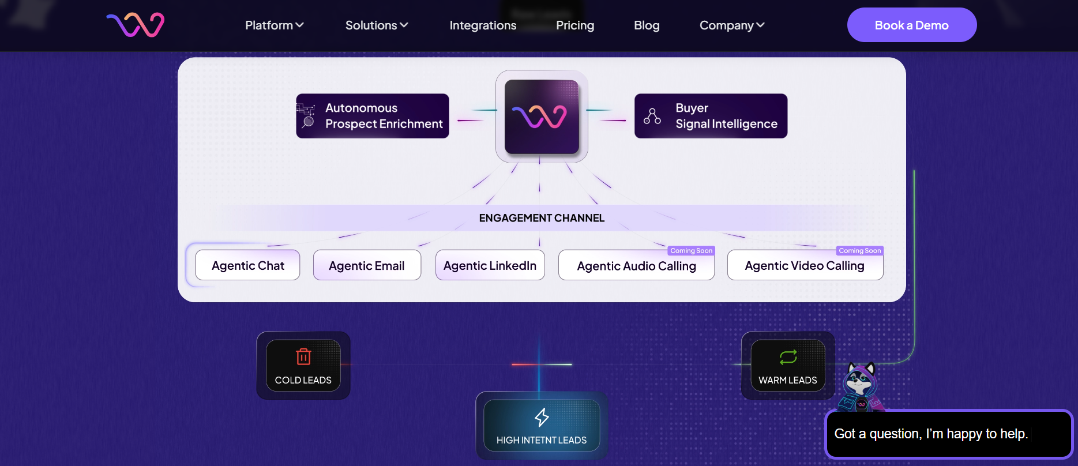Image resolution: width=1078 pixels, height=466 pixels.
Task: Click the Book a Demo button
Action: (x=911, y=25)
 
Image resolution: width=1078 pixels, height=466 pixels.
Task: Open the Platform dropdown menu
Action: (x=274, y=25)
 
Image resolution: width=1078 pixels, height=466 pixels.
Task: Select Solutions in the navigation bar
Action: (x=377, y=25)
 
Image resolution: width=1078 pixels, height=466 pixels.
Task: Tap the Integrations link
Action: (x=483, y=25)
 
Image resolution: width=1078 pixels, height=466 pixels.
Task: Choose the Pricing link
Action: (x=574, y=25)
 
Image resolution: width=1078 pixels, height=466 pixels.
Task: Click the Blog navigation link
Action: (x=647, y=25)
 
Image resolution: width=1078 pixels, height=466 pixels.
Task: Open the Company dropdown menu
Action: (x=732, y=25)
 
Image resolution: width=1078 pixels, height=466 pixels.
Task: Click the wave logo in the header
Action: (x=136, y=24)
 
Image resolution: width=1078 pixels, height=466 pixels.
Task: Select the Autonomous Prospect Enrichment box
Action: (x=373, y=116)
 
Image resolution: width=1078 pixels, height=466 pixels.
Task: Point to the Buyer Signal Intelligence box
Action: (x=711, y=116)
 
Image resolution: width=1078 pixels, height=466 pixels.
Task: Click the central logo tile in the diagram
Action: (x=542, y=116)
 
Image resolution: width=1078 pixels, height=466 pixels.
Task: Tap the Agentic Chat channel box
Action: (x=247, y=265)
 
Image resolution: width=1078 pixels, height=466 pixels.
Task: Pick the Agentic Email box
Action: (x=367, y=265)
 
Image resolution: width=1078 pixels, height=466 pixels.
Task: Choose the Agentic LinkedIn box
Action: (x=490, y=265)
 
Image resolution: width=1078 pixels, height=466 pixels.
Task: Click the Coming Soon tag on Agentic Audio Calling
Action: (x=691, y=251)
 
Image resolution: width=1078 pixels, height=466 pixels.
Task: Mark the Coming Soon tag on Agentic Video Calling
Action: (x=859, y=251)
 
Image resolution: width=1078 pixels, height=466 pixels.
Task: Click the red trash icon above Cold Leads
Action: (x=303, y=356)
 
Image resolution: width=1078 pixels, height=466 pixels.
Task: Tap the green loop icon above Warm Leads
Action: (x=788, y=357)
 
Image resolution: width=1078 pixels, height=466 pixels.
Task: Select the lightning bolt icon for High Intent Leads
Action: (x=542, y=417)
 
